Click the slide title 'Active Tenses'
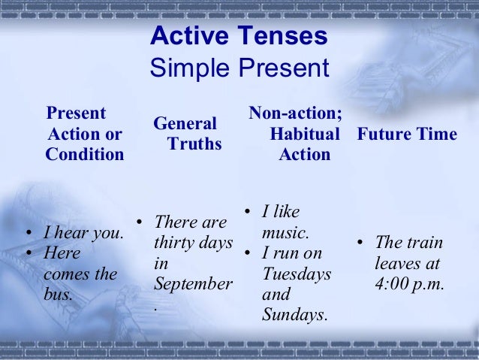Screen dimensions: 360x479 click(x=239, y=35)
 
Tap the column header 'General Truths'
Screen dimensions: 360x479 click(x=185, y=133)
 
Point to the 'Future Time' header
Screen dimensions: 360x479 click(x=407, y=134)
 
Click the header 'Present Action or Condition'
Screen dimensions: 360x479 click(x=84, y=134)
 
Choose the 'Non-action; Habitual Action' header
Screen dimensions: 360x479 click(x=297, y=134)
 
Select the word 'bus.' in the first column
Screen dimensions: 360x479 click(x=59, y=294)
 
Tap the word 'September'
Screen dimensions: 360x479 click(x=193, y=285)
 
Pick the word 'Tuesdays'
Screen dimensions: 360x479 click(x=297, y=274)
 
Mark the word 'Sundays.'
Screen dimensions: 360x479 click(x=294, y=315)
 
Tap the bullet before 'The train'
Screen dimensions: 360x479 click(x=360, y=243)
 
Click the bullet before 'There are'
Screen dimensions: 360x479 click(x=139, y=222)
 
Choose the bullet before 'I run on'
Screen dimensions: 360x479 click(x=247, y=253)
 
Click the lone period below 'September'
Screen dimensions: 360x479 click(x=155, y=307)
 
